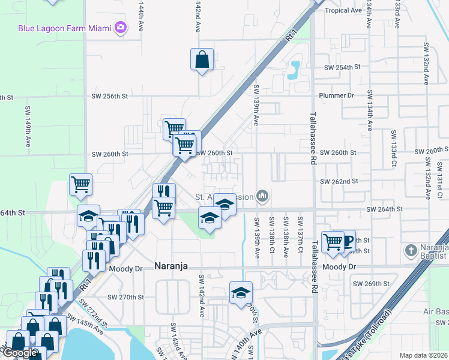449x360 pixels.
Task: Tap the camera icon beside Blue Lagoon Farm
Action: (121, 27)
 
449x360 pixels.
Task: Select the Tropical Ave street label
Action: (343, 10)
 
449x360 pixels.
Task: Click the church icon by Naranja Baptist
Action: (410, 250)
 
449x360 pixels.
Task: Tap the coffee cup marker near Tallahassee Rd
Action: (346, 241)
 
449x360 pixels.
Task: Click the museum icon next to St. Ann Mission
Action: (262, 196)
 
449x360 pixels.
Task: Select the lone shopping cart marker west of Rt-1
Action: (80, 185)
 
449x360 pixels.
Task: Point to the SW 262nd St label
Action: (339, 181)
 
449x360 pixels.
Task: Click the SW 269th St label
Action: (371, 283)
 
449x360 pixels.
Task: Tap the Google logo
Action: (19, 353)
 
